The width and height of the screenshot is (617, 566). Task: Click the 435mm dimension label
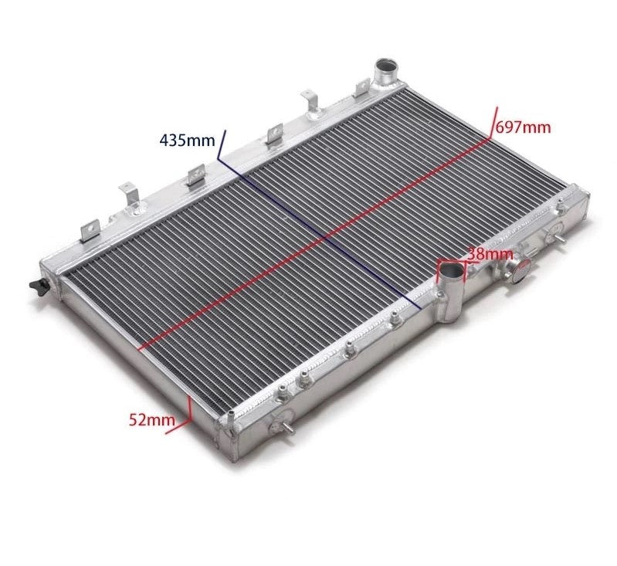pos(186,141)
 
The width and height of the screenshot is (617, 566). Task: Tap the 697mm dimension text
pos(523,127)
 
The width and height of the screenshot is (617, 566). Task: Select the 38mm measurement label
pos(490,252)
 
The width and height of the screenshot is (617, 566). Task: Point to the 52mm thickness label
pos(151,420)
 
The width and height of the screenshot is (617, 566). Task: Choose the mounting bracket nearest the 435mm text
pos(195,175)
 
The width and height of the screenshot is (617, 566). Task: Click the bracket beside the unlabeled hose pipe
pos(361,87)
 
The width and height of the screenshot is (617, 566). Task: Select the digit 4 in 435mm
pos(164,141)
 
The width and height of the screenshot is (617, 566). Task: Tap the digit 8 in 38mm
pos(480,252)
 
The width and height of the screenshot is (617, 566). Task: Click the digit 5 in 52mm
pos(133,420)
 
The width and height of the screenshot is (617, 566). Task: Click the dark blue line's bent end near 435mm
pos(222,147)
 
